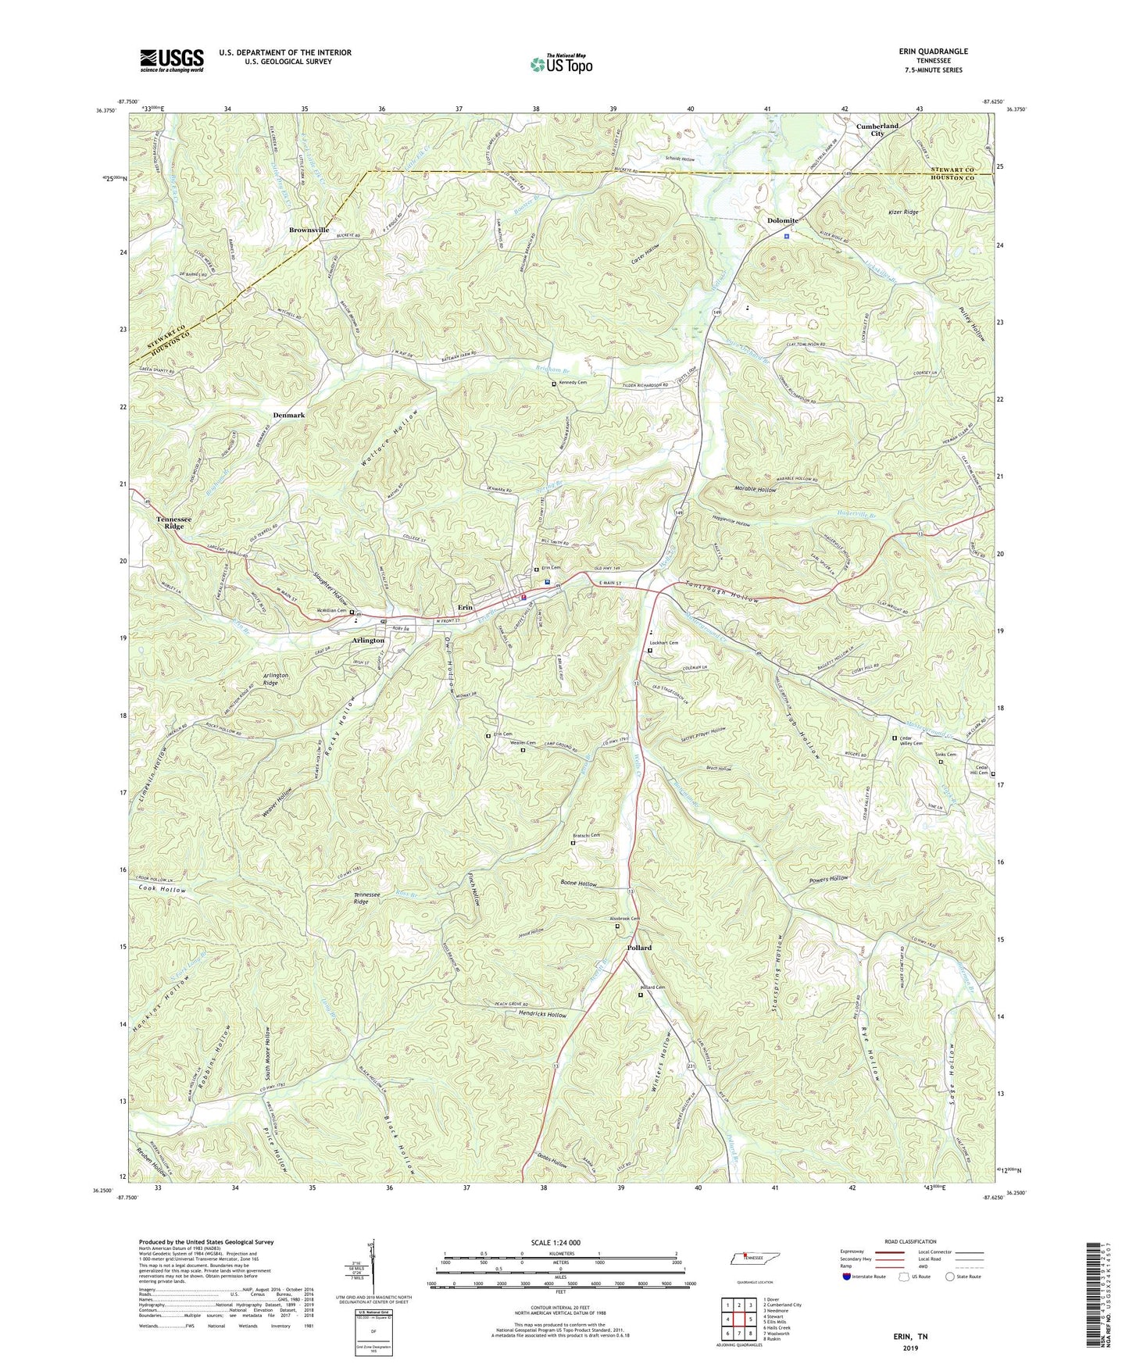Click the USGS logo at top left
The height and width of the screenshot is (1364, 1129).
point(172,60)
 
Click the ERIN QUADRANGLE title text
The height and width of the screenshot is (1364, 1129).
point(933,52)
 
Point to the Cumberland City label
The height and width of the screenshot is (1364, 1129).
point(877,130)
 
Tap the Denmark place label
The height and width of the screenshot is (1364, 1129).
point(289,415)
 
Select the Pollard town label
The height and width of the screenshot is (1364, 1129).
point(639,948)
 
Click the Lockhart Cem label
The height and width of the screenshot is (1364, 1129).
point(664,643)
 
